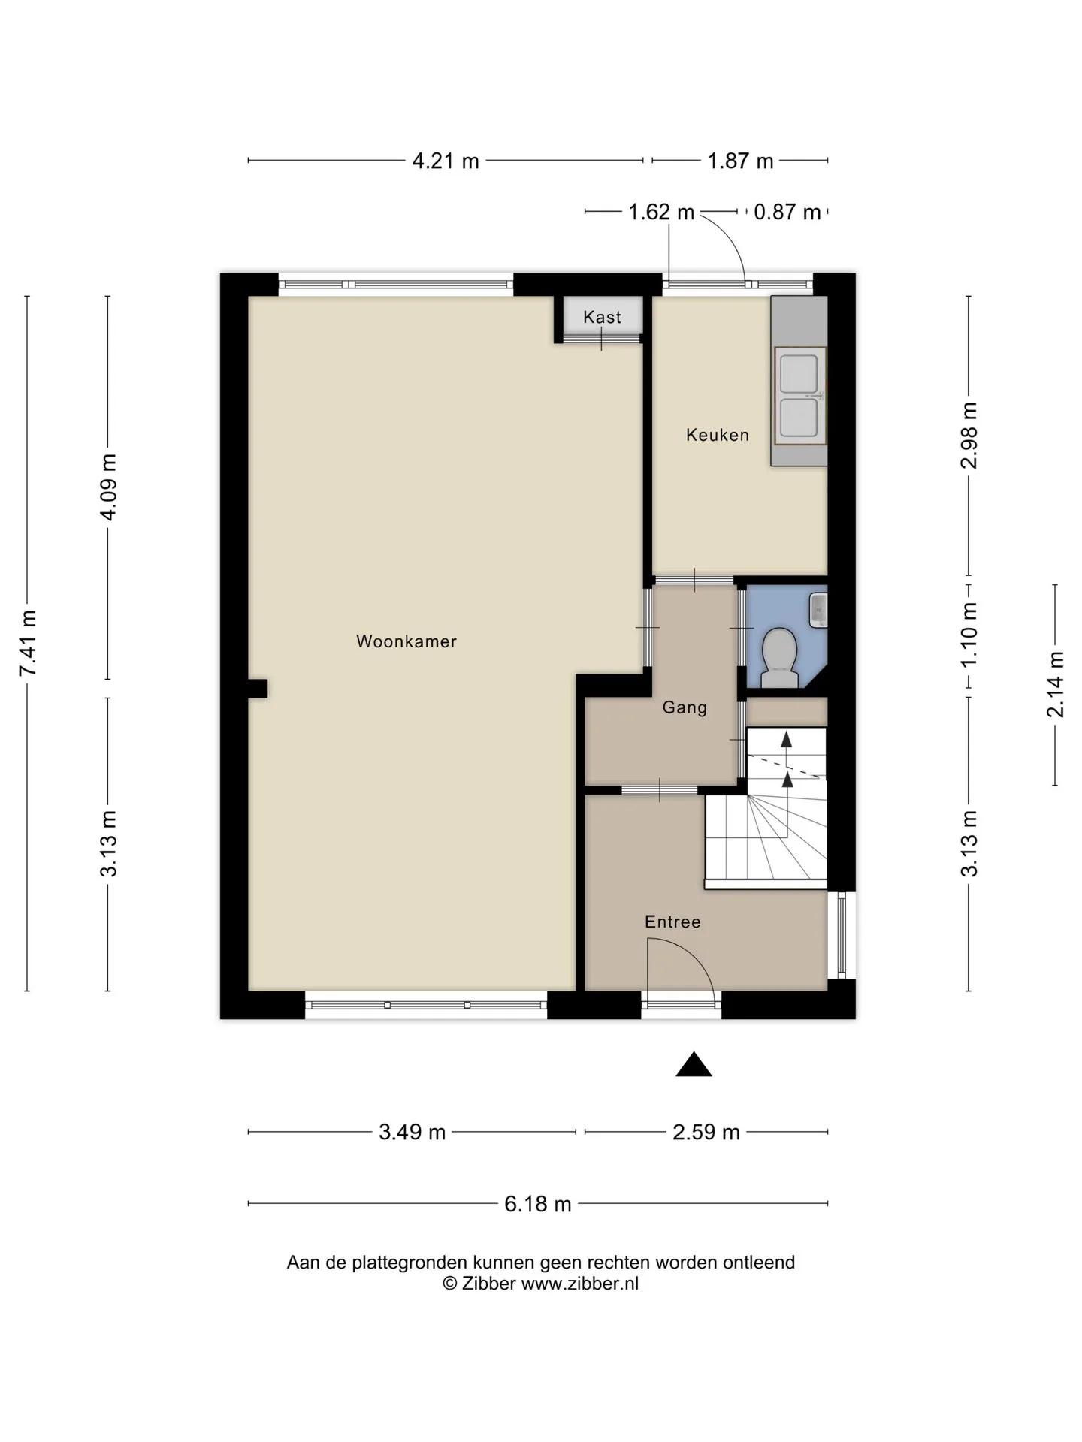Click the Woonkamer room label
point(407,641)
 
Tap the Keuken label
point(718,435)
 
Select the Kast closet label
point(603,317)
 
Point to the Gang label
point(685,707)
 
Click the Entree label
point(672,922)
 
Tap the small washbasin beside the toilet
point(818,610)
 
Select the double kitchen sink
point(799,395)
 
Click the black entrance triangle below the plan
point(694,1064)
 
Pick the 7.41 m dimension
point(28,643)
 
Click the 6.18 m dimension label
point(538,1204)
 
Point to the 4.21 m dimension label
point(446,161)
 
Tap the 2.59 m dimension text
point(706,1132)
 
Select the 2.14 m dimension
point(1056,684)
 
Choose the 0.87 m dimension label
point(787,212)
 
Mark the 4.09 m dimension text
point(109,487)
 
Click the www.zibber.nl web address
point(580,1284)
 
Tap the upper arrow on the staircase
point(787,740)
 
